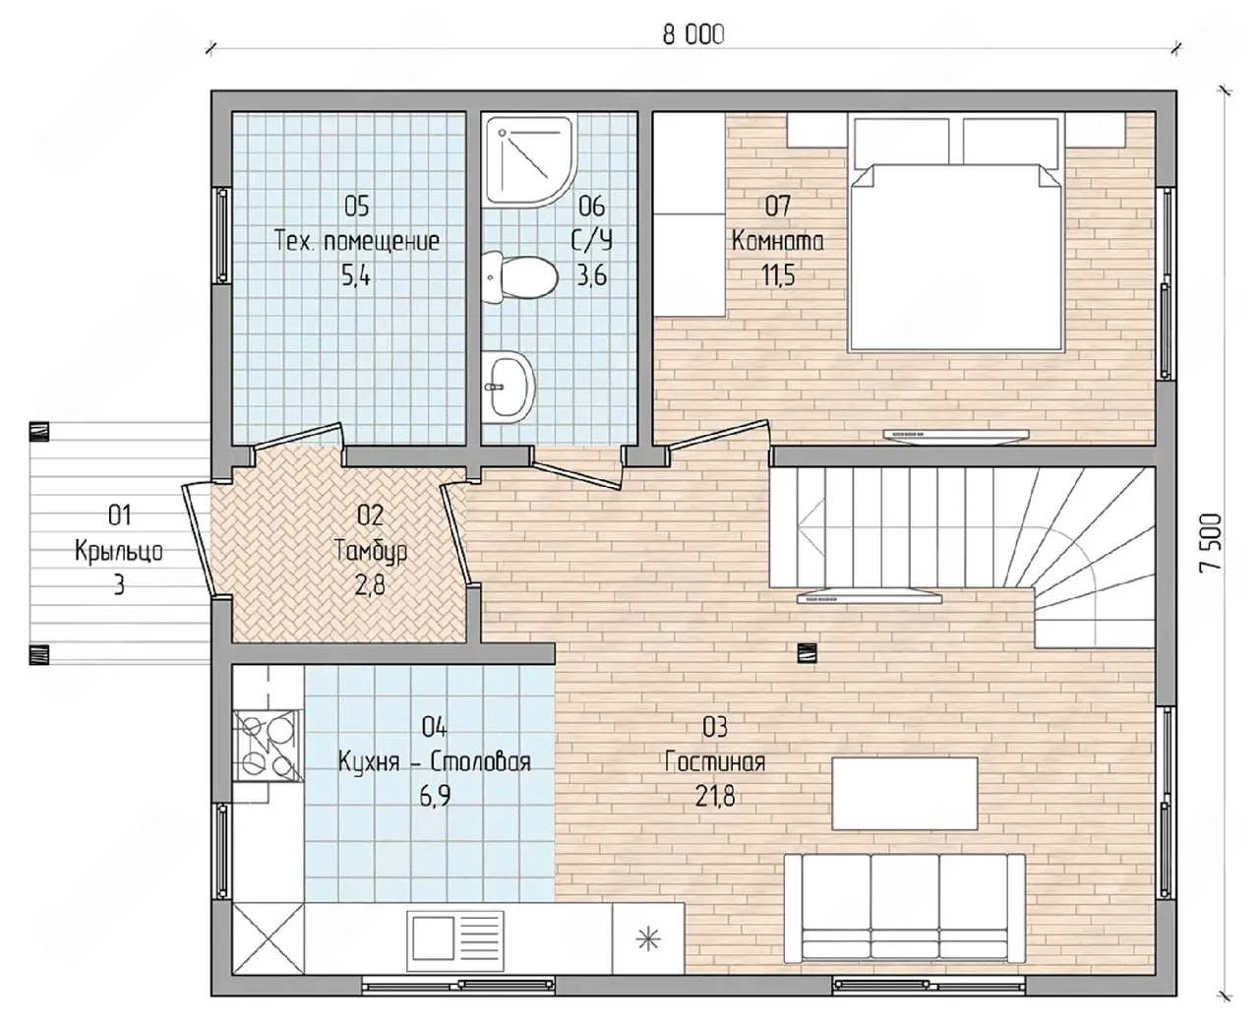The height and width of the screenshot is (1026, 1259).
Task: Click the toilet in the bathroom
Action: pos(520,277)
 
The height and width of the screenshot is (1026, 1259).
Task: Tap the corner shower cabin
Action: pos(529,159)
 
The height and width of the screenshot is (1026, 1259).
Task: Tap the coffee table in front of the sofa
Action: pos(905,794)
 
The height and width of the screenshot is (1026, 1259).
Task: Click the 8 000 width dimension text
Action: pos(692,35)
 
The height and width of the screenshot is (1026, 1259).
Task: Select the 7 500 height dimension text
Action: pos(1210,543)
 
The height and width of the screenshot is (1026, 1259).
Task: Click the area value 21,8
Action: pos(715,797)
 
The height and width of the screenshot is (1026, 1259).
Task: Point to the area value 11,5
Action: pos(778,274)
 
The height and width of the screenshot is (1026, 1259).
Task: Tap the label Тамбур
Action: pos(371,552)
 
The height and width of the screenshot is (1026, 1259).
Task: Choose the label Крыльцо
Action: pos(119,552)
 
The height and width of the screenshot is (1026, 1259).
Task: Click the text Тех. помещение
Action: pos(357,241)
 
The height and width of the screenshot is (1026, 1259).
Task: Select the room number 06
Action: pos(592,207)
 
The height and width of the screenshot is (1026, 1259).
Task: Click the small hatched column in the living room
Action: pos(807,652)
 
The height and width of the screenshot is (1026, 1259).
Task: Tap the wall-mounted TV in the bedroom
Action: pos(956,435)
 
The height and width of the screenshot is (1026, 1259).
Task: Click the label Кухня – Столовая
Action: pos(435,761)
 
